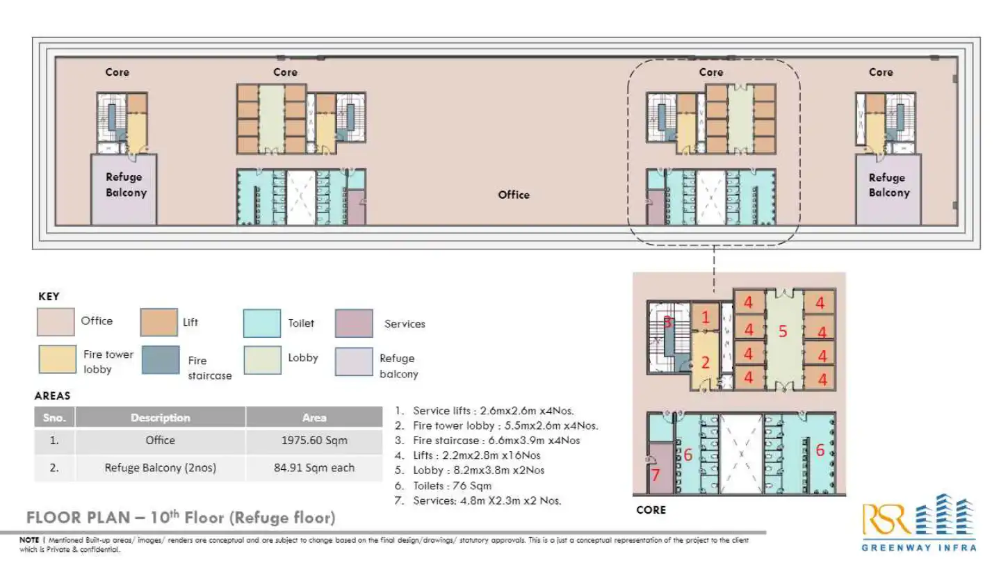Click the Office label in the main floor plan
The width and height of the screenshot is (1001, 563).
click(514, 195)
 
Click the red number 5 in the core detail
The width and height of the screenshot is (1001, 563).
click(783, 332)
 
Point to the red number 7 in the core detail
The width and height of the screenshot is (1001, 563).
click(654, 476)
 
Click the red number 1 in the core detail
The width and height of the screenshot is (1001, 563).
click(706, 318)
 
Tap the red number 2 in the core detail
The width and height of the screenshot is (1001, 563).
click(706, 361)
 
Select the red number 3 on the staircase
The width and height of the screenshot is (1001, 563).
click(667, 322)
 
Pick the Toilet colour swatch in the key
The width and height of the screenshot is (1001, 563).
click(262, 323)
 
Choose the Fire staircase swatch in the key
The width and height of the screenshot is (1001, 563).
click(160, 360)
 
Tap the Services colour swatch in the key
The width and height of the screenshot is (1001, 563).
click(354, 323)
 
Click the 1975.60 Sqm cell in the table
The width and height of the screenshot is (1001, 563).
click(314, 441)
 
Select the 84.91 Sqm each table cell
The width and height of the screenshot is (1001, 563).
click(314, 468)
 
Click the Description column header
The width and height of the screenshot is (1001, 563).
click(161, 418)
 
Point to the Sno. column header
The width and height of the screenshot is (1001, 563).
click(55, 418)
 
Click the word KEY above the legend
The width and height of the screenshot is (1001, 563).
click(49, 297)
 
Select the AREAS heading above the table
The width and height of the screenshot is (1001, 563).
click(53, 395)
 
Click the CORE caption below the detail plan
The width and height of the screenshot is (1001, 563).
click(651, 510)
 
